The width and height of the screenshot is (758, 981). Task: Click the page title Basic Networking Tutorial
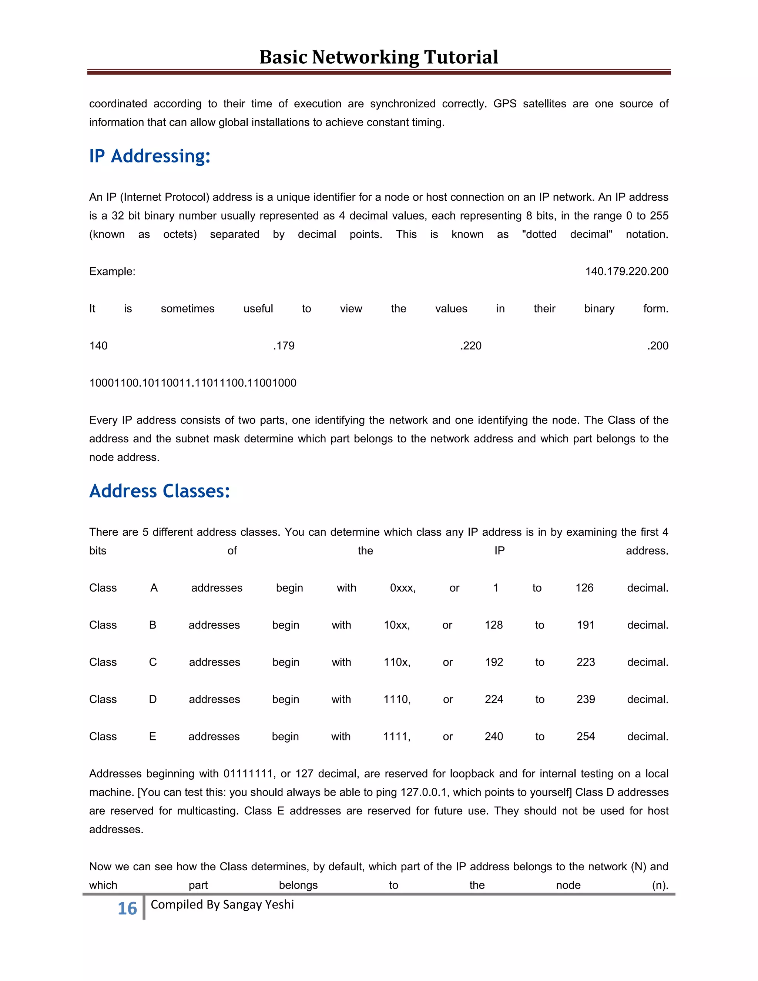[x=379, y=57]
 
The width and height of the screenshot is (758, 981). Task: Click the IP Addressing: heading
[x=150, y=156]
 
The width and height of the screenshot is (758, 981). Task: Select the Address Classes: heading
[x=160, y=491]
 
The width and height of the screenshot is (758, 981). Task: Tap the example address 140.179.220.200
[x=627, y=271]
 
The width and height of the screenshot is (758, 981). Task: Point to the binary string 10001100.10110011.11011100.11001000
[x=192, y=383]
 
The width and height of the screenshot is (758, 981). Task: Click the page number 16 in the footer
[x=127, y=908]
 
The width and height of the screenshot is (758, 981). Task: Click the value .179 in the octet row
[x=284, y=346]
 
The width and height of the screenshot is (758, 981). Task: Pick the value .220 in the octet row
[x=471, y=346]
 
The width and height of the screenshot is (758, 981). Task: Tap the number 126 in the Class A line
[x=584, y=588]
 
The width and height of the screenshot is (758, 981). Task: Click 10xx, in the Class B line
[x=396, y=625]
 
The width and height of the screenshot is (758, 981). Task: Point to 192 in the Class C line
[x=494, y=662]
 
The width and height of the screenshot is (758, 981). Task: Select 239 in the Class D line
[x=586, y=699]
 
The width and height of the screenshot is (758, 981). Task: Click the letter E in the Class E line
[x=153, y=737]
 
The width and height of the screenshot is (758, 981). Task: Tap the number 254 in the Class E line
[x=586, y=737]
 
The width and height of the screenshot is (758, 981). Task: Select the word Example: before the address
[x=112, y=271]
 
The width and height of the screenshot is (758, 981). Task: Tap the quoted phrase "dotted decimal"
[x=567, y=234]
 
